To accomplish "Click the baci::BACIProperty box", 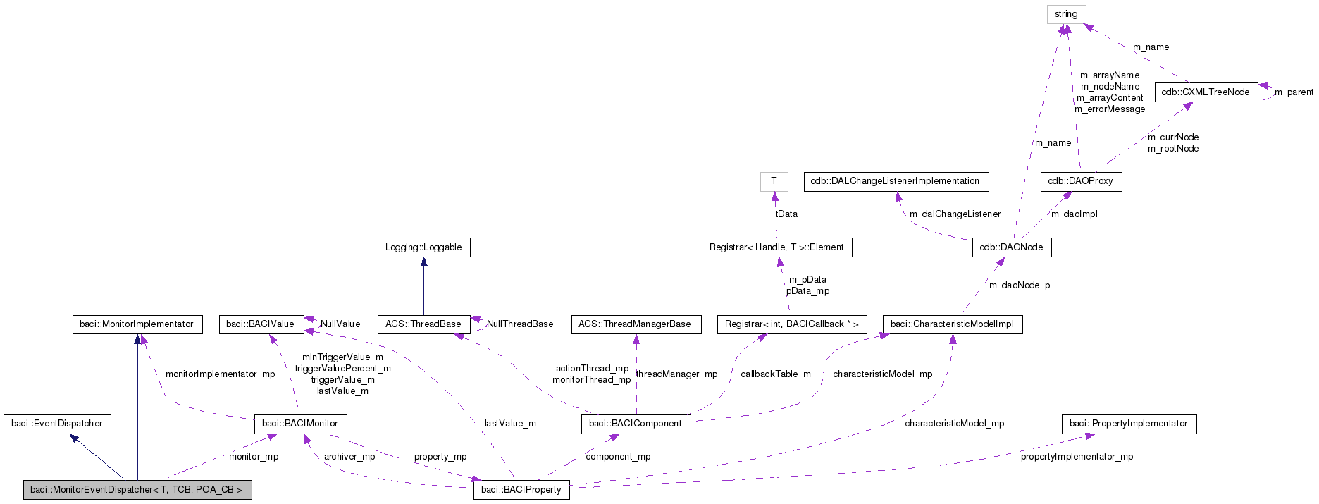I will [x=521, y=489].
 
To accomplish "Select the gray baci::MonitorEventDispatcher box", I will [x=137, y=489].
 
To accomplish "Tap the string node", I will [x=1065, y=14].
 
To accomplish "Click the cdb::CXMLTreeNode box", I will [x=1206, y=92].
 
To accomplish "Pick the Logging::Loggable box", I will [x=423, y=247].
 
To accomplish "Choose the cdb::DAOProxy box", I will [x=1080, y=181].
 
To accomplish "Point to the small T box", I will [x=774, y=181].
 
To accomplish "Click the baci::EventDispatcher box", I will [x=57, y=424].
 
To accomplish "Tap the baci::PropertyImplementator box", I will [x=1128, y=424].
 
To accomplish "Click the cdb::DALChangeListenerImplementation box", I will [x=895, y=181].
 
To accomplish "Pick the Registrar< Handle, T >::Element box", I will [x=776, y=247].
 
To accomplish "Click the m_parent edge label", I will [x=1294, y=92].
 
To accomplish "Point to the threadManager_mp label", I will [x=676, y=374].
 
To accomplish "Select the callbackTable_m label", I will [x=775, y=374].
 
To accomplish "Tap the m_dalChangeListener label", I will [x=955, y=214].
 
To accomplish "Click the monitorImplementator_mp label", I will [x=220, y=374].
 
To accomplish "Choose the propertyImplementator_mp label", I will [x=1077, y=457].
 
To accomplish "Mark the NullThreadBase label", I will [x=520, y=324].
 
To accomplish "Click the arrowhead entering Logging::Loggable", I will [x=423, y=262].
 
